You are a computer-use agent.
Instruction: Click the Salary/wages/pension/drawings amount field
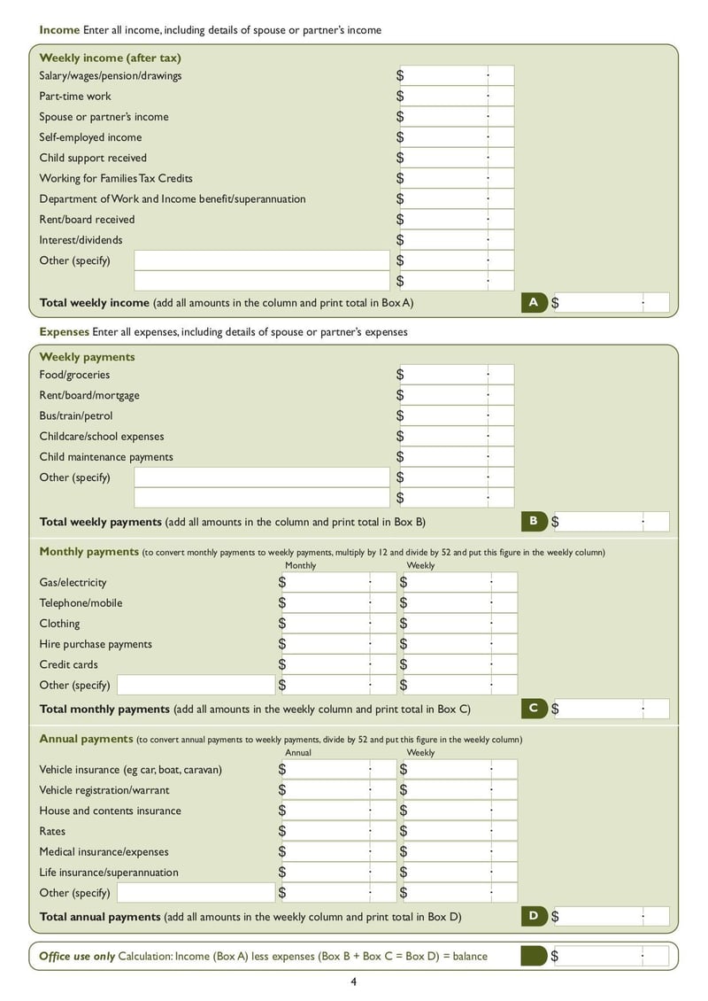coord(455,76)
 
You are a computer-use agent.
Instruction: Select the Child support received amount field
coord(455,158)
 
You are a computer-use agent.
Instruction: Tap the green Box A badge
coord(534,302)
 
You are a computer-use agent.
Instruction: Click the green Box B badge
coord(534,521)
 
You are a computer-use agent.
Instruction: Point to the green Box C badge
coord(534,708)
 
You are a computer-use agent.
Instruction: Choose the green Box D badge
coord(534,916)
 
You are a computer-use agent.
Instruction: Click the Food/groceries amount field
coord(455,375)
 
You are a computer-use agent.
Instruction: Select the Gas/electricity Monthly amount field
coord(336,583)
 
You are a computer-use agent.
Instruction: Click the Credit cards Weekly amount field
coord(458,664)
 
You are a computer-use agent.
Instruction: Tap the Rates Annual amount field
coord(336,831)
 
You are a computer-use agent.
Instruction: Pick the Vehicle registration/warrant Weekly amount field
coord(458,790)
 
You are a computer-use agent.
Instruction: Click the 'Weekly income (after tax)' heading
coord(110,58)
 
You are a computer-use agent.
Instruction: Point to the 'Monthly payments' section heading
coord(88,551)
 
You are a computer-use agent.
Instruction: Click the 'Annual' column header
coord(298,752)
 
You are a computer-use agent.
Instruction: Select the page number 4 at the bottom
coord(353,982)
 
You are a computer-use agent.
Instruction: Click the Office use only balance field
coord(611,956)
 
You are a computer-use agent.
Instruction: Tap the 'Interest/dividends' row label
coord(81,240)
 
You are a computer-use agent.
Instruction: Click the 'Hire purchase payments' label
coord(96,644)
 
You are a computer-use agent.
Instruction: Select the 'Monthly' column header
coord(300,565)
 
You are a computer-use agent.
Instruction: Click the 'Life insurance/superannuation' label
coord(108,873)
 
